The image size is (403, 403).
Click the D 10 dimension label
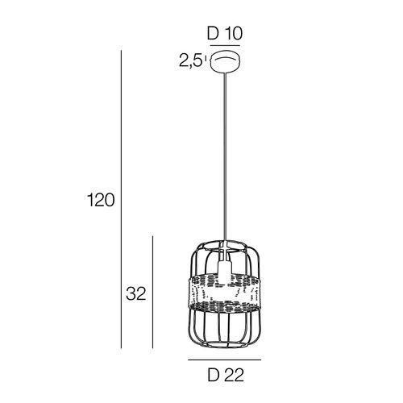point(225,34)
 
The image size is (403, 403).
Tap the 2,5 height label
point(190,61)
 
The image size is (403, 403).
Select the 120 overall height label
point(101,200)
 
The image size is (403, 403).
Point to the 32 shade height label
point(136,293)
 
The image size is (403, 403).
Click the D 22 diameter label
point(226,375)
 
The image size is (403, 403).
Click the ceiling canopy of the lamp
point(226,61)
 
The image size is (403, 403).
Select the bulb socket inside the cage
point(225,268)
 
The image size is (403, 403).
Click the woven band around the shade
point(225,293)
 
